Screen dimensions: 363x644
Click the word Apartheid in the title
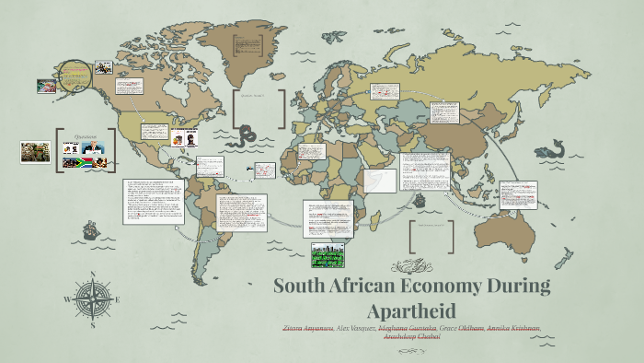coord(411,310)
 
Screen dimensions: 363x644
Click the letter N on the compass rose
coord(92,275)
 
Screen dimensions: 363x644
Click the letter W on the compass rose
coord(67,300)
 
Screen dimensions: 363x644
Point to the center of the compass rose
coord(92,299)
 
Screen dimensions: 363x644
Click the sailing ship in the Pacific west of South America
coord(90,229)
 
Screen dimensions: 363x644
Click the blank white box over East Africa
coord(379,181)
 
